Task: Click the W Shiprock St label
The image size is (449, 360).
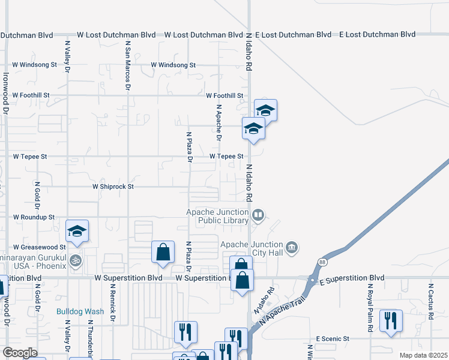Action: pyautogui.click(x=112, y=187)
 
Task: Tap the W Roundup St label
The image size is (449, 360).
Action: pyautogui.click(x=34, y=217)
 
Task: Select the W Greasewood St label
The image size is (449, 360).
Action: pyautogui.click(x=38, y=247)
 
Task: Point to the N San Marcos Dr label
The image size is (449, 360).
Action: pyautogui.click(x=127, y=65)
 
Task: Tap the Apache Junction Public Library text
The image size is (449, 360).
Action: pyautogui.click(x=217, y=216)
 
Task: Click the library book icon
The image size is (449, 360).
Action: pyautogui.click(x=258, y=215)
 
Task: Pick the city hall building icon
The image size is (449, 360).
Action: pyautogui.click(x=292, y=247)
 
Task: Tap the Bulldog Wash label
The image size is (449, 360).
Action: pyautogui.click(x=80, y=311)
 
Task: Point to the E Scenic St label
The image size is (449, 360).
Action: pyautogui.click(x=333, y=339)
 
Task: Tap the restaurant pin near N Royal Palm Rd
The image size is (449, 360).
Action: pyautogui.click(x=391, y=320)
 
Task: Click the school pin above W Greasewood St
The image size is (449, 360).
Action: pyautogui.click(x=77, y=232)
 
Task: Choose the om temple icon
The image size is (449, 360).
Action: pyautogui.click(x=76, y=261)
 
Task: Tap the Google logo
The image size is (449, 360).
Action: pyautogui.click(x=19, y=353)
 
